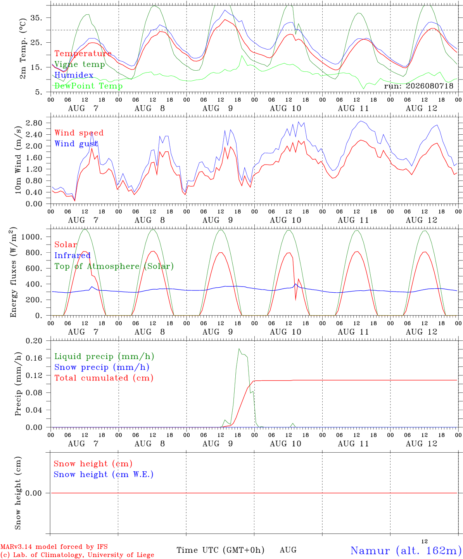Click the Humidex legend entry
click(x=74, y=75)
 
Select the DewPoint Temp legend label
click(x=88, y=86)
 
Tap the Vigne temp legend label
click(x=80, y=64)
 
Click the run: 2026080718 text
click(x=418, y=86)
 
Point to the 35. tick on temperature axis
click(x=36, y=18)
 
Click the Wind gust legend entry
click(x=76, y=144)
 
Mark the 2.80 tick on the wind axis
click(x=34, y=123)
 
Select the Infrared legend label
click(x=73, y=255)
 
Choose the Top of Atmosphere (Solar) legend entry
click(x=114, y=266)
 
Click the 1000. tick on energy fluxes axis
click(x=32, y=237)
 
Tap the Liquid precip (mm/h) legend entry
click(x=104, y=356)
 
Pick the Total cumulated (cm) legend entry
click(x=104, y=378)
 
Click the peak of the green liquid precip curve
click(x=239, y=349)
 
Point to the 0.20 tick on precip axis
click(x=34, y=341)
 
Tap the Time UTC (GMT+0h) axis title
click(x=220, y=550)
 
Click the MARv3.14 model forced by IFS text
click(x=54, y=547)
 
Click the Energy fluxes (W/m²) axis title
click(x=13, y=272)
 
